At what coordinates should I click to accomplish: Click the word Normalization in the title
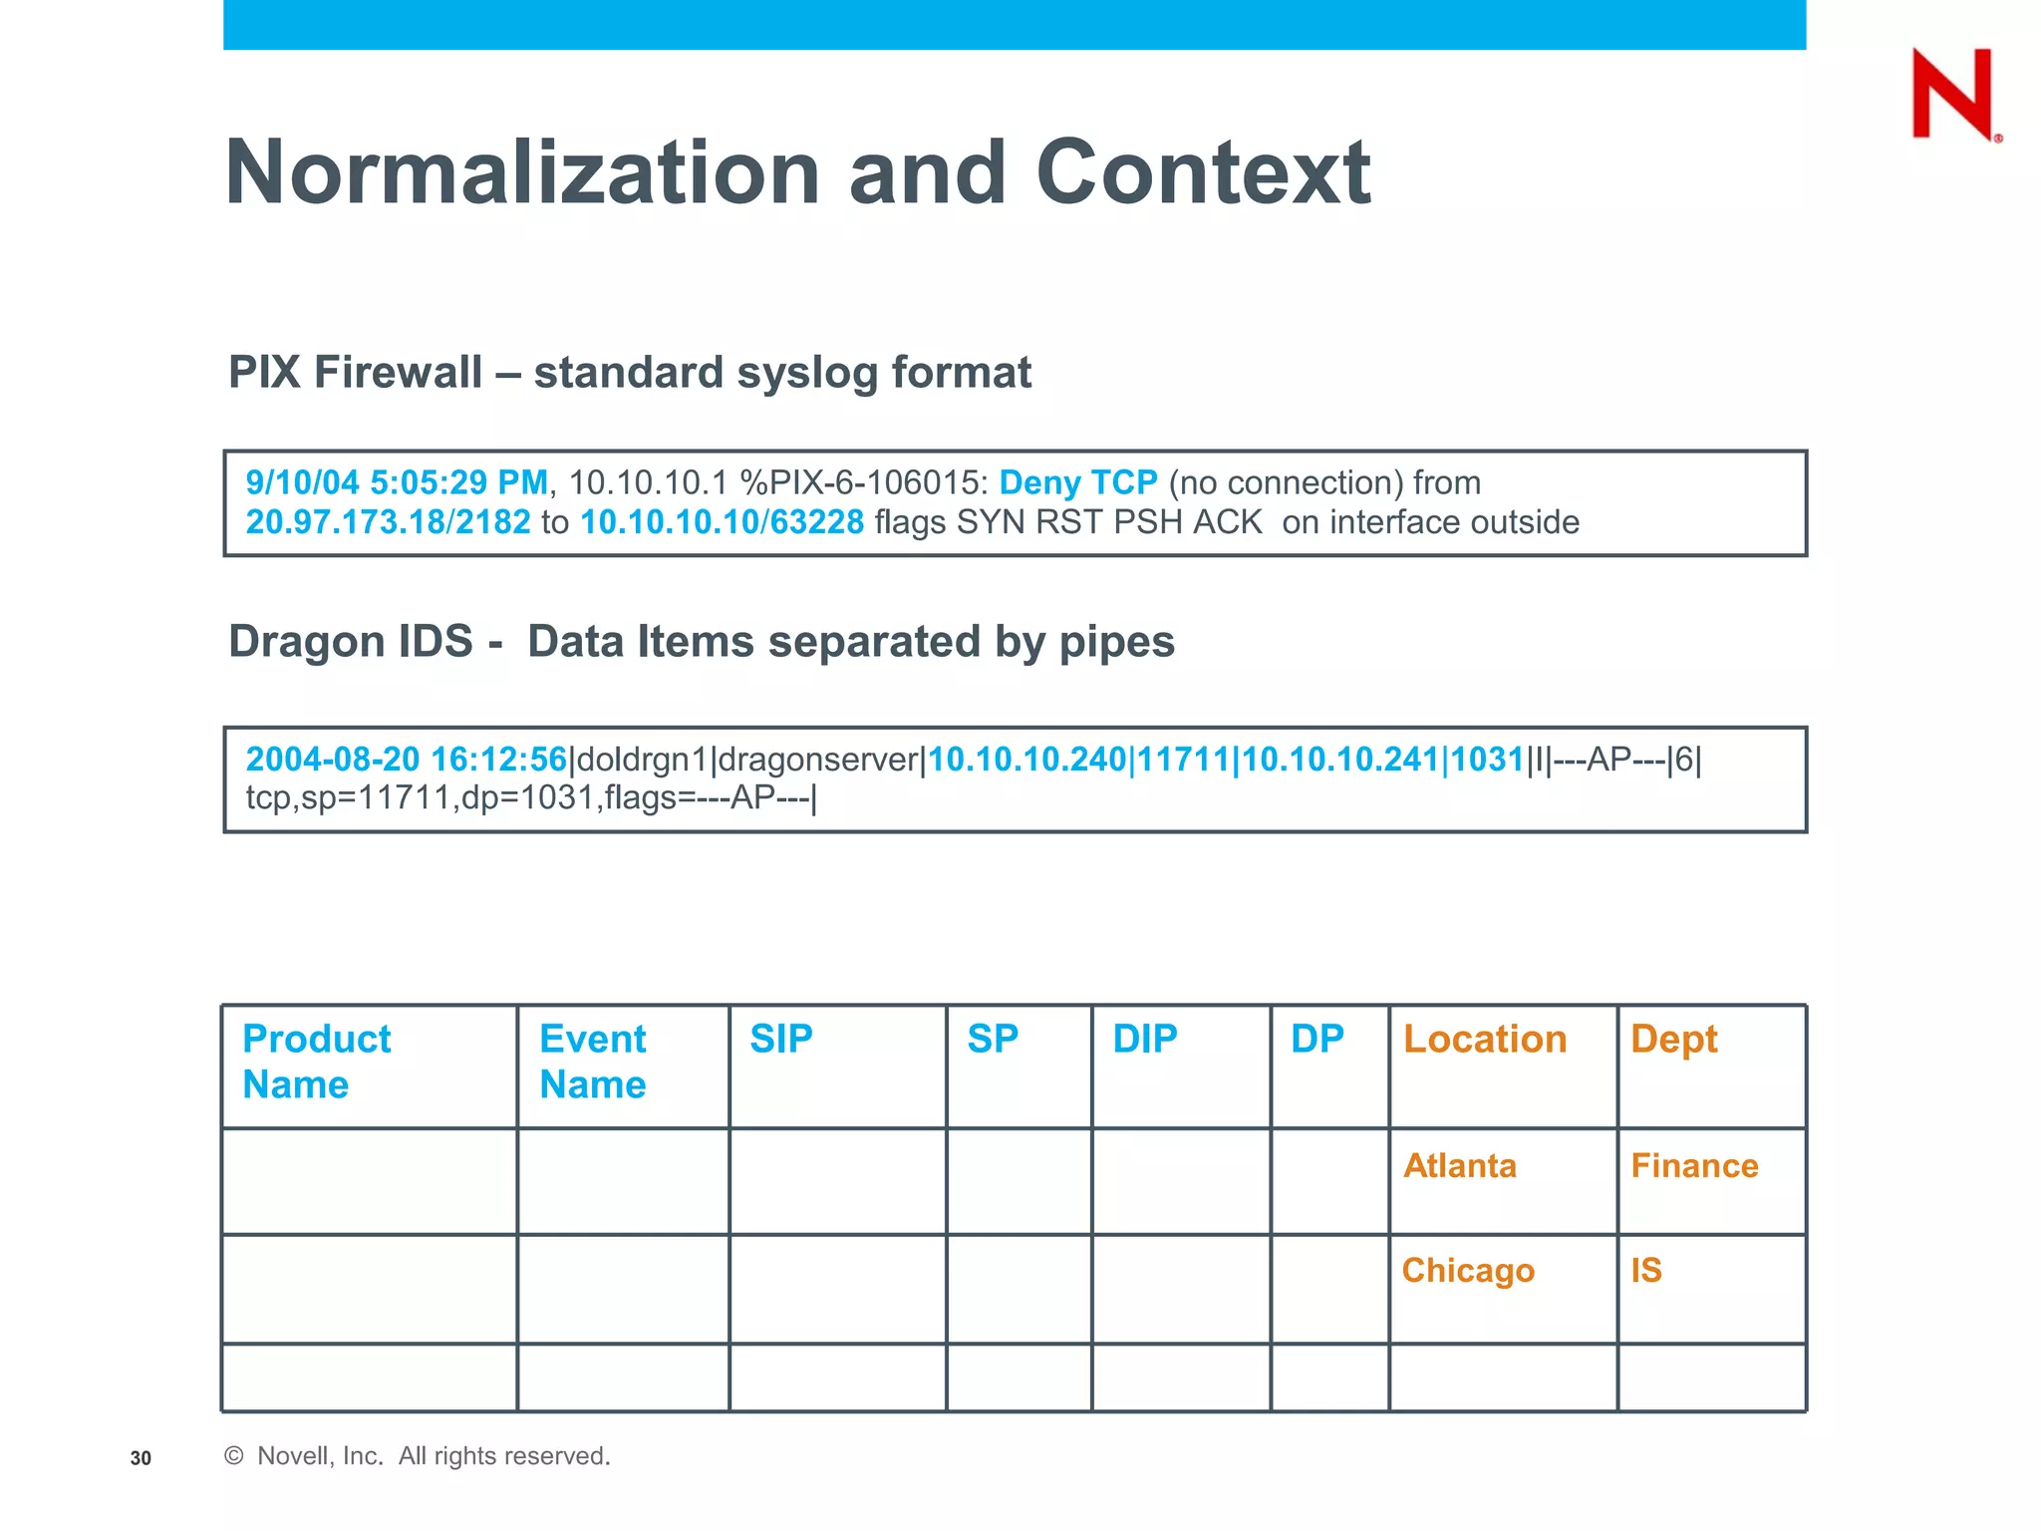pos(522,172)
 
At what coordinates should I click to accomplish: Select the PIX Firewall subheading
pos(629,373)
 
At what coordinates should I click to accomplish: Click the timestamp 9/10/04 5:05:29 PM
pos(397,482)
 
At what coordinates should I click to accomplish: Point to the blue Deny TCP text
pos(1077,482)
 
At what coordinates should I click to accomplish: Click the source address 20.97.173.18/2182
pos(388,522)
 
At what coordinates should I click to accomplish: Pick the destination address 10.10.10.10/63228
pos(722,522)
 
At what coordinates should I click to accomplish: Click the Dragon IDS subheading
pos(701,641)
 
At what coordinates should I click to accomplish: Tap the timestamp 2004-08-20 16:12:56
pos(406,760)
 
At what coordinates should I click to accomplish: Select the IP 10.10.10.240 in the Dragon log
pos(1026,760)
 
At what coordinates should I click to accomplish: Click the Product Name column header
pos(316,1062)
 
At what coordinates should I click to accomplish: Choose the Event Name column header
pos(593,1062)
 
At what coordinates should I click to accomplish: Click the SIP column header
pos(781,1040)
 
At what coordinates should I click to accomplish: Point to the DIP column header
pos(1144,1040)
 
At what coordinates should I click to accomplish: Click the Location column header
pos(1485,1040)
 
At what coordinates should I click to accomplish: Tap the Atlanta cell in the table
pos(1460,1165)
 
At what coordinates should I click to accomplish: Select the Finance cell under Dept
pos(1694,1165)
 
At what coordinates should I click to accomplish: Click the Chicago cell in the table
pos(1468,1270)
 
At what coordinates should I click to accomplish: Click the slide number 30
pos(141,1458)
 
